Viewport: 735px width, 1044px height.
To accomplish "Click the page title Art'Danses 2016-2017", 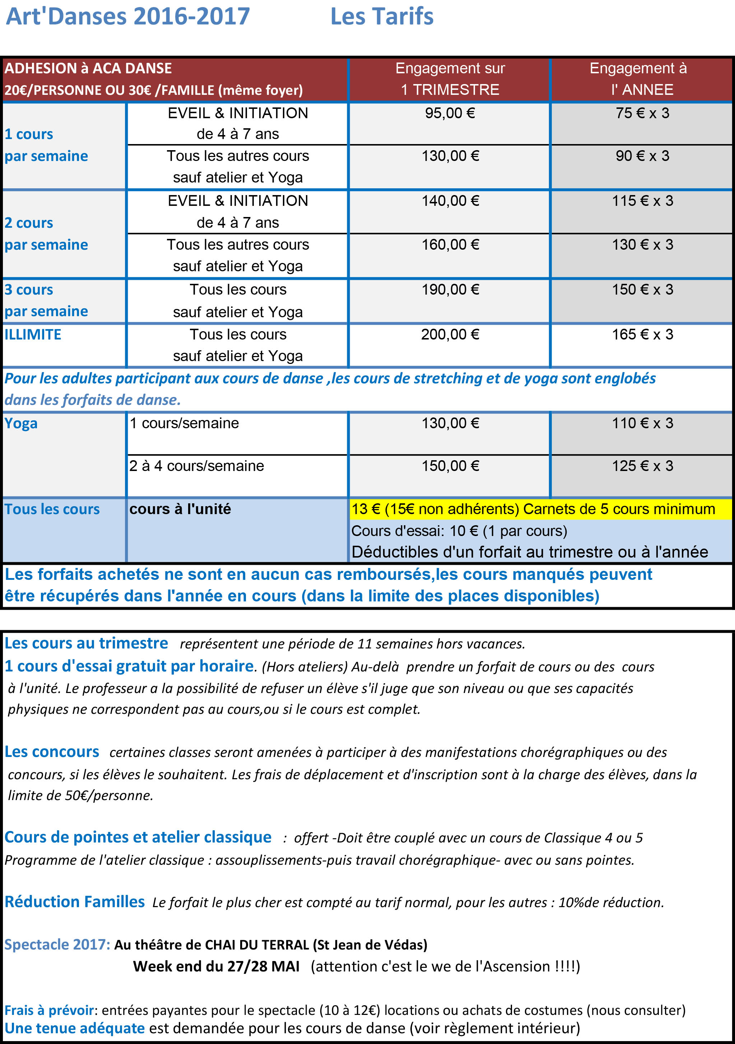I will click(x=128, y=17).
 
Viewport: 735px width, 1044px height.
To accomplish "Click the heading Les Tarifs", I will click(x=381, y=17).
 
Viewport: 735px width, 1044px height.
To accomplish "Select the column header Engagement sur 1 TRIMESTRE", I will click(x=450, y=79).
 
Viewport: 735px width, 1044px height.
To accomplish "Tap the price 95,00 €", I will click(x=450, y=113).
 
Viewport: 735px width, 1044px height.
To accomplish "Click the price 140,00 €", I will click(x=450, y=201).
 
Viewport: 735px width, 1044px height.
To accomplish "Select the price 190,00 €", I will click(x=450, y=290).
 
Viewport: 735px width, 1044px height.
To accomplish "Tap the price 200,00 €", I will click(x=450, y=335).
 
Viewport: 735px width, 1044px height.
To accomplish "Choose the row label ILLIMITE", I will click(x=33, y=335).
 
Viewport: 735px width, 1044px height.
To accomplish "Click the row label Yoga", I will click(x=21, y=423).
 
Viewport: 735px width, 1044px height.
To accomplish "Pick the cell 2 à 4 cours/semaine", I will click(x=196, y=466).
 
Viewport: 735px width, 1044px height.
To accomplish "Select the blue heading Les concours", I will click(x=52, y=752).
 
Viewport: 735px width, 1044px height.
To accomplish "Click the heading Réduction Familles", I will click(x=75, y=902).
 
